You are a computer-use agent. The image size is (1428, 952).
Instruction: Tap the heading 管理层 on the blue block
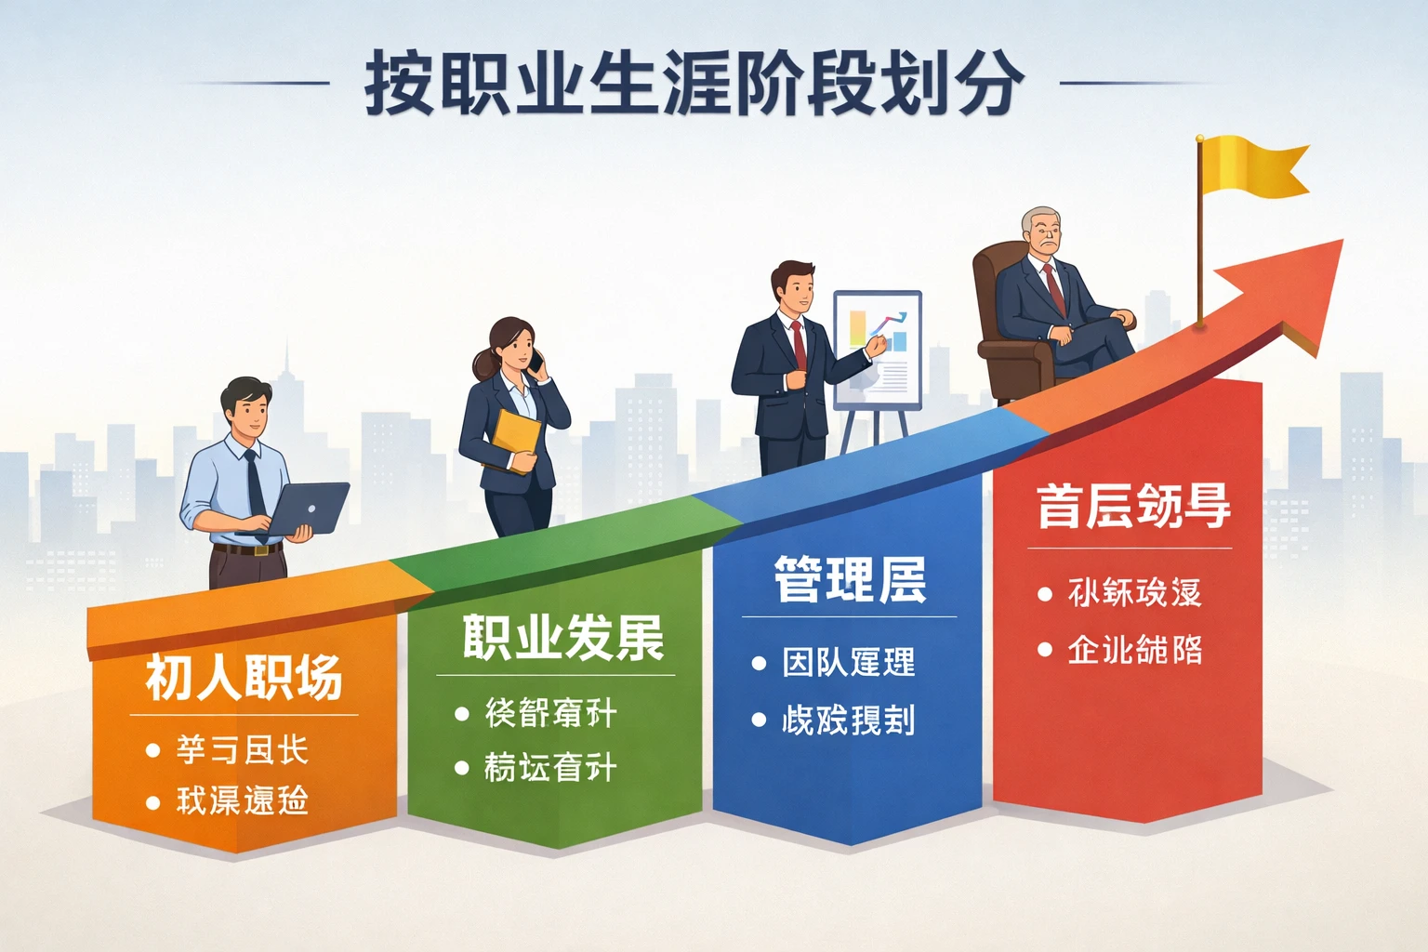(x=850, y=579)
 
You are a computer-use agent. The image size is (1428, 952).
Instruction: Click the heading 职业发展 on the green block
(x=563, y=638)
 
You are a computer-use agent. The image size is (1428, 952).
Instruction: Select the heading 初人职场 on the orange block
(x=244, y=677)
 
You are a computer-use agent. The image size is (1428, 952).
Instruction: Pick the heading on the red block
(x=1133, y=506)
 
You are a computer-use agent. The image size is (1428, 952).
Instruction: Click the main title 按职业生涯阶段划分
(x=694, y=83)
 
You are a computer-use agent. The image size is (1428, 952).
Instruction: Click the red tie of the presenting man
(x=799, y=345)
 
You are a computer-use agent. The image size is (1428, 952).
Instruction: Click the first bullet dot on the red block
(x=1045, y=594)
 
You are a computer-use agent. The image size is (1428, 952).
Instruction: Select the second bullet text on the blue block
(x=848, y=720)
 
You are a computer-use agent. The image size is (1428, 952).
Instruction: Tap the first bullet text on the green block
(x=550, y=714)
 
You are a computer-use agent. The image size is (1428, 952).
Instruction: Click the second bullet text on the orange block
(x=242, y=800)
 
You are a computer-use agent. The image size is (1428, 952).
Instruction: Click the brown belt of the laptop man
(x=247, y=549)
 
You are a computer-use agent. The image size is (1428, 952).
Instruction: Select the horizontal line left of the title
(x=256, y=83)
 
